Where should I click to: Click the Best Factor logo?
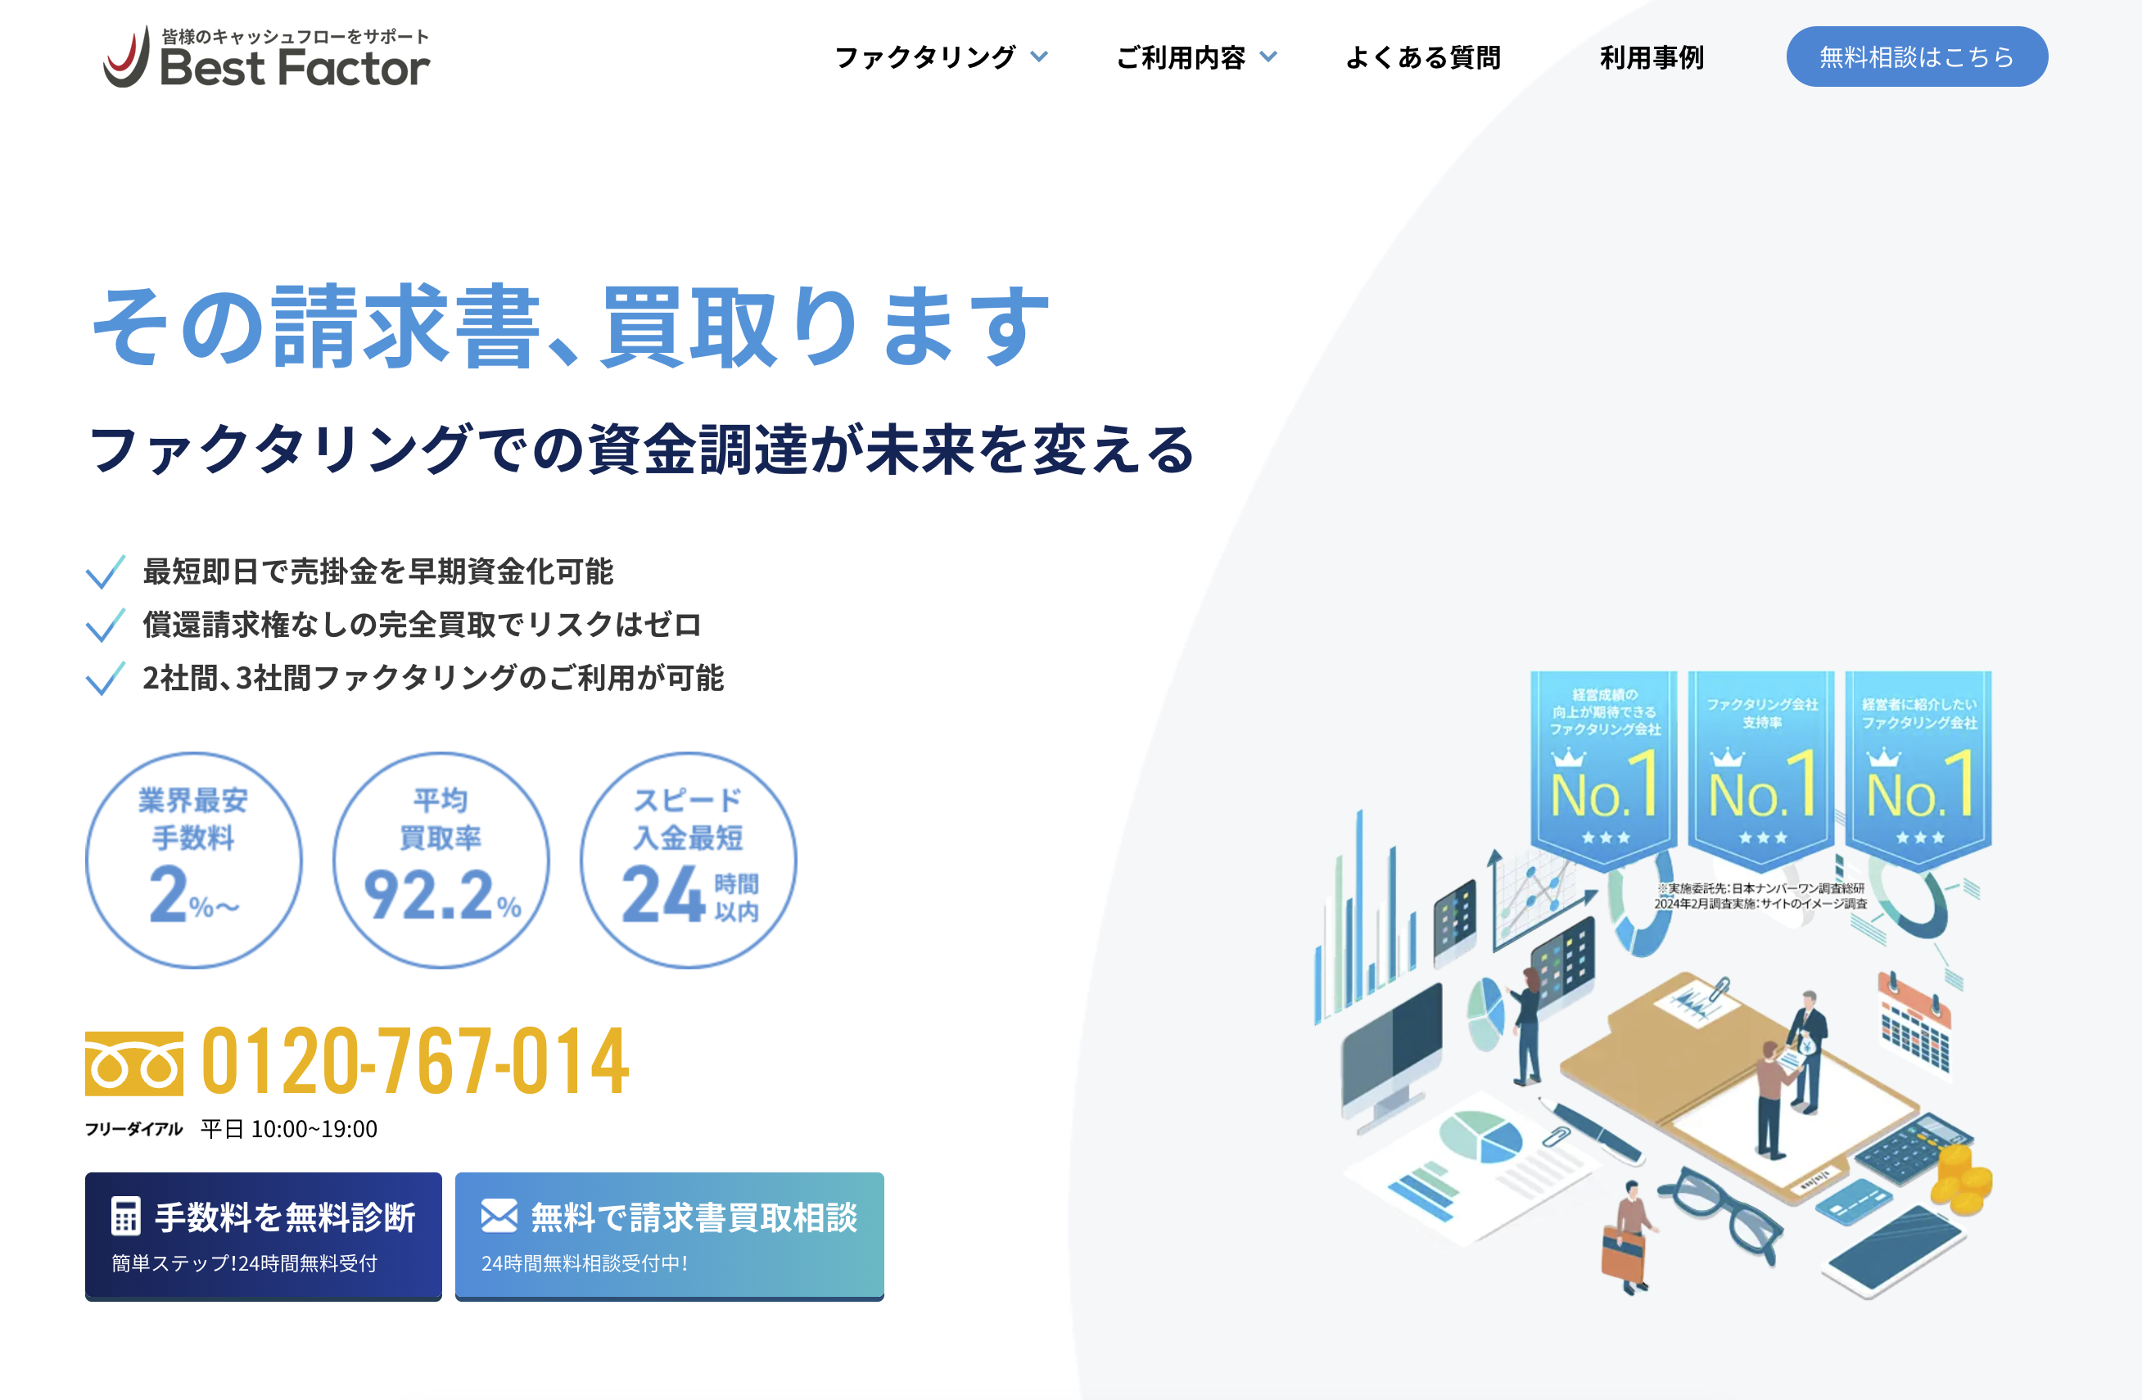266,56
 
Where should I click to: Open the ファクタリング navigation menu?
942,57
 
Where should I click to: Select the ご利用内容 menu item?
1196,57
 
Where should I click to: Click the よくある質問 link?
1423,57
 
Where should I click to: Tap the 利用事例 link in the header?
1652,57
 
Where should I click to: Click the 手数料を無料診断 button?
264,1235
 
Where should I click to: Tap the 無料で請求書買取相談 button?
670,1235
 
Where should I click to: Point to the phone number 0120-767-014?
415,1062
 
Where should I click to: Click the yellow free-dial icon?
134,1064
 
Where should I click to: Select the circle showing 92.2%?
441,860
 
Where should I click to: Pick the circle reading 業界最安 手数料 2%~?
193,860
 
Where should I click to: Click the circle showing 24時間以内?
689,860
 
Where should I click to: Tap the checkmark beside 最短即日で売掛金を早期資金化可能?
106,572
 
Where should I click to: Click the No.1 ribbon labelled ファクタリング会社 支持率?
1761,770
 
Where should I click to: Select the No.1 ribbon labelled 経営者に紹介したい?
1918,770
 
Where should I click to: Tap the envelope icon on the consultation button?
499,1216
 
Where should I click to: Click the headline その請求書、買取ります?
571,326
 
